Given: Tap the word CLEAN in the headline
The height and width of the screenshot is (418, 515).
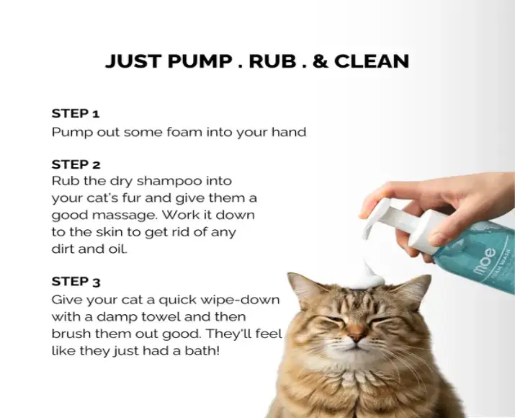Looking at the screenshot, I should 372,61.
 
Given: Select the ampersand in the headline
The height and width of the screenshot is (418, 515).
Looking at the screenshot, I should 321,61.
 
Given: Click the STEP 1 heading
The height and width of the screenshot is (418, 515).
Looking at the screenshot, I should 75,114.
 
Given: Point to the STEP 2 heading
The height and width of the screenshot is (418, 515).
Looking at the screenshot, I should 75,164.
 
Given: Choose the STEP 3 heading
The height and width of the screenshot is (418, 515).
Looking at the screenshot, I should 75,281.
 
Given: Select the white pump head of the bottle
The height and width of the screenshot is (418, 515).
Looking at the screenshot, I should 393,216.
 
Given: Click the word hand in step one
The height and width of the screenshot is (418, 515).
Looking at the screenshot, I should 290,133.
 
